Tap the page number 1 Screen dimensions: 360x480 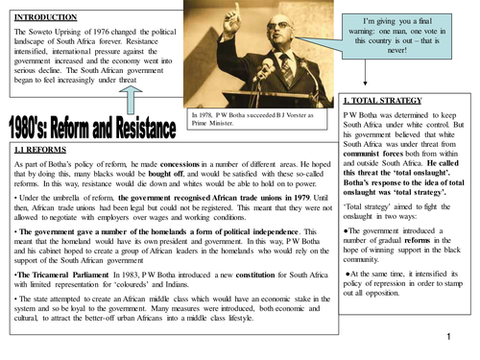point(450,338)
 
